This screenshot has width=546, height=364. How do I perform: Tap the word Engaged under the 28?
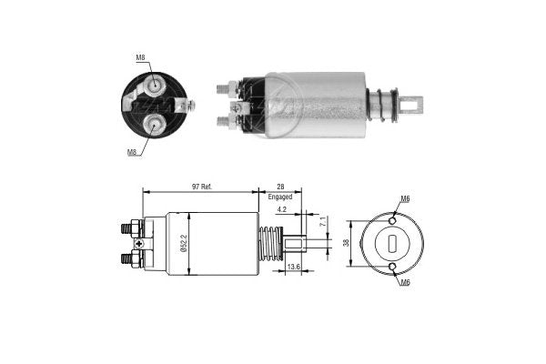click(x=280, y=197)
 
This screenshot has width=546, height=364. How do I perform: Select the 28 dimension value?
click(x=280, y=186)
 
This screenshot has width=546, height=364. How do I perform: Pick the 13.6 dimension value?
click(x=293, y=267)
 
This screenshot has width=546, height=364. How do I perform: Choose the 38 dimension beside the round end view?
click(x=346, y=243)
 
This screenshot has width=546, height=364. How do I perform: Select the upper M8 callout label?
click(x=141, y=59)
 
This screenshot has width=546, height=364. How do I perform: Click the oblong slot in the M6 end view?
click(x=392, y=243)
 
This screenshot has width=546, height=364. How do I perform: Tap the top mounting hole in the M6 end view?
click(x=392, y=220)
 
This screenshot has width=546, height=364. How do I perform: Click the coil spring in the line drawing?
click(x=269, y=244)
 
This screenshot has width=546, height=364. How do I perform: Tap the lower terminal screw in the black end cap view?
click(x=158, y=120)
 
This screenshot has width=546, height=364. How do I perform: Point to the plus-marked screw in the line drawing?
click(x=138, y=243)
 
